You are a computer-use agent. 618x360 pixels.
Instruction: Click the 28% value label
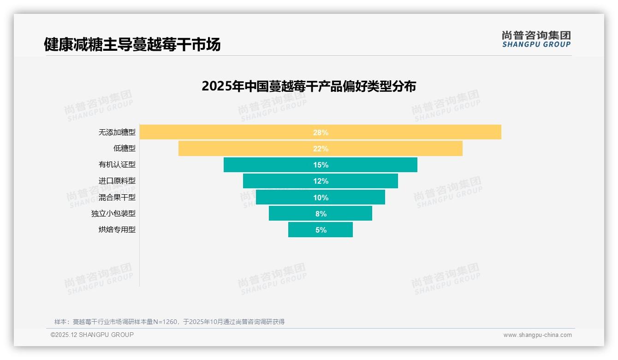321,132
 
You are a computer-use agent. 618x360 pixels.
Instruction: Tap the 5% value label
321,230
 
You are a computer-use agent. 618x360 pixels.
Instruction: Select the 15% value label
321,165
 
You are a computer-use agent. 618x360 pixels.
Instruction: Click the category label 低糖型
125,149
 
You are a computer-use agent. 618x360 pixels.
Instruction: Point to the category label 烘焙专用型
117,229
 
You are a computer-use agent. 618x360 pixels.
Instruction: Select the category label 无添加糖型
117,132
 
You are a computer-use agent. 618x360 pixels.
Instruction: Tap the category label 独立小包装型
113,213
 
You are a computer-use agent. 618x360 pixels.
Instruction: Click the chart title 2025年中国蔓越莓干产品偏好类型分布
309,86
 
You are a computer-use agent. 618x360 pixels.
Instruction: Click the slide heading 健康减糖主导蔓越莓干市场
132,44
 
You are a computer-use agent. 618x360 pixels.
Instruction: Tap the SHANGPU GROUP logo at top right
536,39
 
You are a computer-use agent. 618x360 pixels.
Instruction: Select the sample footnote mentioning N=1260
169,322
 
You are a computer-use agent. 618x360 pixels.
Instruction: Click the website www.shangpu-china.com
537,335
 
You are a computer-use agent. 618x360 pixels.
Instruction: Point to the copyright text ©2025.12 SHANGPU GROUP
92,335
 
